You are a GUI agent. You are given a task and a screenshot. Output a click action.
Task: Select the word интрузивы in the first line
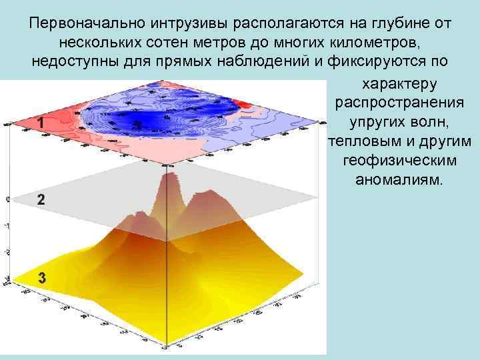click(x=170, y=24)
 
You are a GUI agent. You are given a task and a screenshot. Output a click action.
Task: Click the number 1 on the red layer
click(x=41, y=123)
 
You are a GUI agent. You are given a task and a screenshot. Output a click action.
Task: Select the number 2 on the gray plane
click(x=41, y=199)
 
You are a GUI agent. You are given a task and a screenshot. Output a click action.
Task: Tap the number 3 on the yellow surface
click(x=42, y=279)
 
